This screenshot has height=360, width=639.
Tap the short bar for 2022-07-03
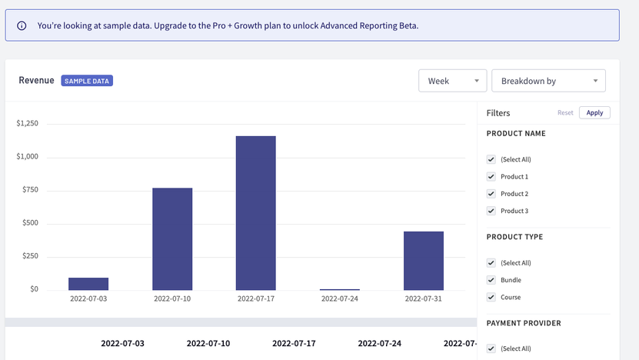point(88,283)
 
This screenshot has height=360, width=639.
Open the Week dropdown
point(452,81)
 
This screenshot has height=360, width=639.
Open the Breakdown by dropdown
point(548,81)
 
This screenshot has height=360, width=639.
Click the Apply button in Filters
point(594,113)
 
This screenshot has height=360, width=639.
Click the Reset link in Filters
point(565,113)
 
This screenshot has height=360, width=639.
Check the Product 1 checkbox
point(491,177)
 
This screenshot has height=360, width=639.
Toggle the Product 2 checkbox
point(491,194)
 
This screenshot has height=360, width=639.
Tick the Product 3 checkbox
point(491,211)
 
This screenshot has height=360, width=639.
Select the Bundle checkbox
point(491,280)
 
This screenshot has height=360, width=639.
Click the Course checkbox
point(491,297)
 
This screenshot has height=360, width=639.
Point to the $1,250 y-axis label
point(27,124)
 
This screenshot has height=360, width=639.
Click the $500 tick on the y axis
point(28,224)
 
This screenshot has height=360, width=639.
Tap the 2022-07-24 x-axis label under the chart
point(340,298)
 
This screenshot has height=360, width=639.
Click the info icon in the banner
point(22,25)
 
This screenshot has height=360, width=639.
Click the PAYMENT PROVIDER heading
point(524,323)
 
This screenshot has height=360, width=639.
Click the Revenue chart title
point(36,80)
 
